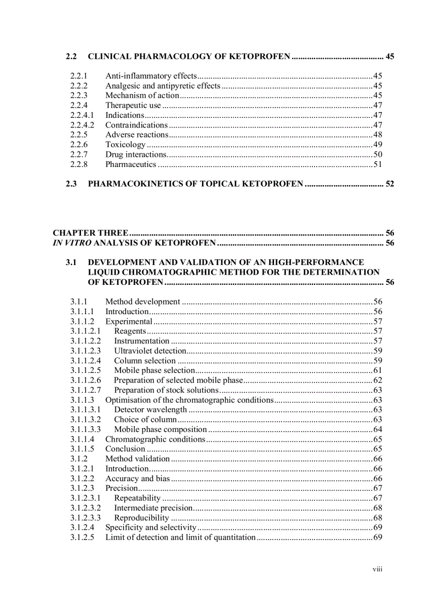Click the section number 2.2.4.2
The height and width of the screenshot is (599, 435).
[82, 125]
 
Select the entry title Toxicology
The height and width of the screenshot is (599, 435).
[125, 145]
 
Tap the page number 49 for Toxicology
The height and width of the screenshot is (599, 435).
[377, 145]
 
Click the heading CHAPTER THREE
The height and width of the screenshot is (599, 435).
[90, 233]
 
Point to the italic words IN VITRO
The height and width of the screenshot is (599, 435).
[68, 243]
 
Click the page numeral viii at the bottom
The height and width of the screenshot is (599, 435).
[377, 569]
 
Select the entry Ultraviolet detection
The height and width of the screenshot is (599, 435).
[150, 351]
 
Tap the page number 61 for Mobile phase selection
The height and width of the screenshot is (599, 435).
[377, 371]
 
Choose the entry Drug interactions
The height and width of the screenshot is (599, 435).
[136, 155]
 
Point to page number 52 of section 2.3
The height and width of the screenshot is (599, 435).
[390, 184]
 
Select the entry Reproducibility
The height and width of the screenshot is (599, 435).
[141, 518]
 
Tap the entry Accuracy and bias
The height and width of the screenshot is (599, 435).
[138, 478]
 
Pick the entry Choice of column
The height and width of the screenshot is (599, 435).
[145, 420]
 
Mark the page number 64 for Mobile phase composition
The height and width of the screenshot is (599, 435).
[377, 429]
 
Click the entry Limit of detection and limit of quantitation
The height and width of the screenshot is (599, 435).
[180, 537]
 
